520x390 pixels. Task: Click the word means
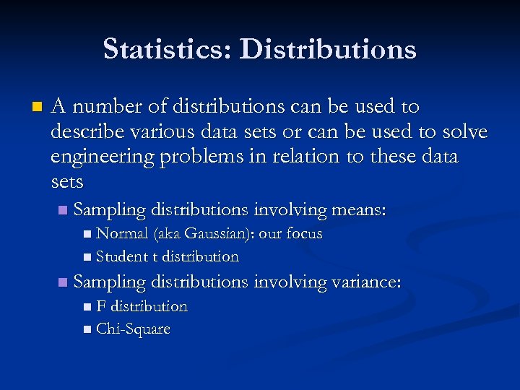point(358,210)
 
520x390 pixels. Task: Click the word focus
point(304,234)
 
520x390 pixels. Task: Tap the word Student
point(121,256)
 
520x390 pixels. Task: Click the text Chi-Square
point(133,329)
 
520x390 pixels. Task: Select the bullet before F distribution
point(87,307)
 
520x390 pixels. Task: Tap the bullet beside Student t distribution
point(87,257)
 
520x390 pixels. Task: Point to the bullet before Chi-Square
point(87,330)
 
